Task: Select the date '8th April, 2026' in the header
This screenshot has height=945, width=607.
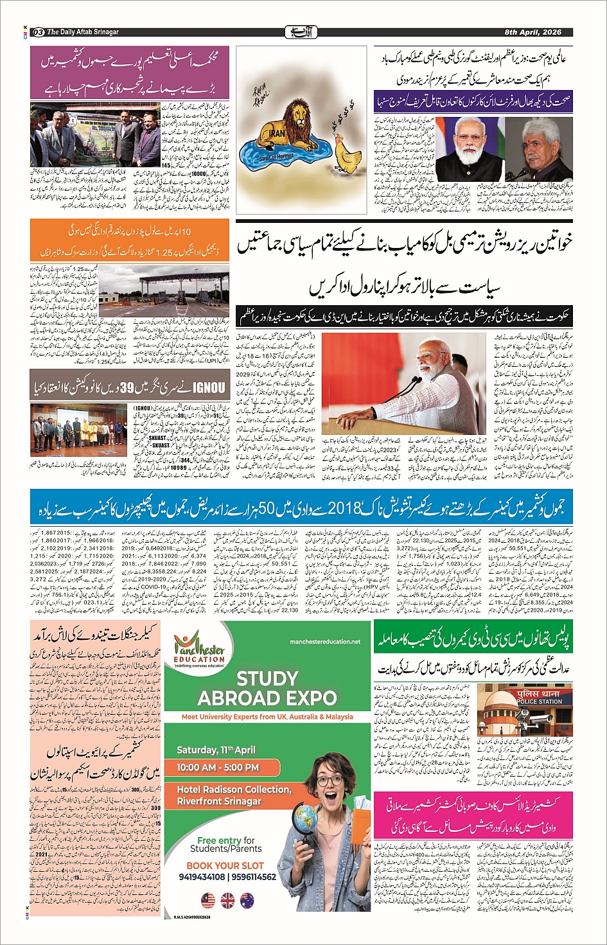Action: [x=532, y=32]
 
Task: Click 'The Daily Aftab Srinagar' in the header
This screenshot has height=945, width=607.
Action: [x=83, y=32]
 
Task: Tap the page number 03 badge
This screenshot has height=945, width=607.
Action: [x=38, y=32]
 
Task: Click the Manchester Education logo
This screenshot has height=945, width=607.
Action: [x=199, y=651]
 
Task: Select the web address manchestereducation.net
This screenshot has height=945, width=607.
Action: [x=325, y=641]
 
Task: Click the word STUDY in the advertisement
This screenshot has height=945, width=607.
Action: [x=267, y=678]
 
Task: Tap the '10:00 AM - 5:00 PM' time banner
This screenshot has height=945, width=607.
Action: [x=218, y=767]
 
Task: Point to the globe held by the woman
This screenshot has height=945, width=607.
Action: [x=304, y=817]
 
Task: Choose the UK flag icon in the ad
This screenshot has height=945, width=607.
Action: [x=227, y=901]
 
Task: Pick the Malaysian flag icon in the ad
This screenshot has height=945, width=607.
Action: [x=207, y=901]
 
